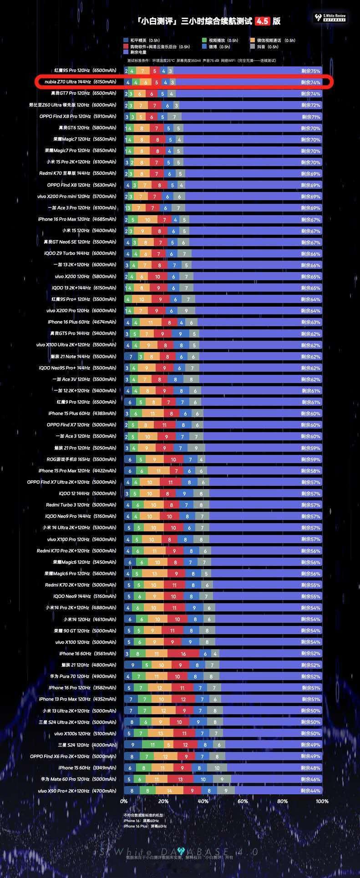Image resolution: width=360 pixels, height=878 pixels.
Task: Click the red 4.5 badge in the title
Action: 262,21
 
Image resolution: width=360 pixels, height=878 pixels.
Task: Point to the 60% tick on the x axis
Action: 243,801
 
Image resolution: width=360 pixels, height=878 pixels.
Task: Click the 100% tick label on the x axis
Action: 321,801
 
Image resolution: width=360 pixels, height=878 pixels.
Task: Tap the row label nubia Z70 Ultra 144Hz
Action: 81,82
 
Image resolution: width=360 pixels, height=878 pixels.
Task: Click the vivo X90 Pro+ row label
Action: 77,791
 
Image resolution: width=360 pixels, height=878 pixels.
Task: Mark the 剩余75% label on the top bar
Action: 311,71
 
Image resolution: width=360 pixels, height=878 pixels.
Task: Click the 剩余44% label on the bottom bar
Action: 311,791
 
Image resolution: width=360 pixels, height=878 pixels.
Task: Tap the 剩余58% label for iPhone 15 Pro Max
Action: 311,471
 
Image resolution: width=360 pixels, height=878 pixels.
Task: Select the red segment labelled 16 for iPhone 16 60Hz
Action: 183,654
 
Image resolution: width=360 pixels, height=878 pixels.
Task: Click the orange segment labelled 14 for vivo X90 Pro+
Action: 169,791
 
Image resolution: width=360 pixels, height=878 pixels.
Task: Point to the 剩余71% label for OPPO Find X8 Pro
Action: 311,117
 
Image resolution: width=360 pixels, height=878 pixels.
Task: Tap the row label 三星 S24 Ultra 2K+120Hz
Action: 77,722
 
